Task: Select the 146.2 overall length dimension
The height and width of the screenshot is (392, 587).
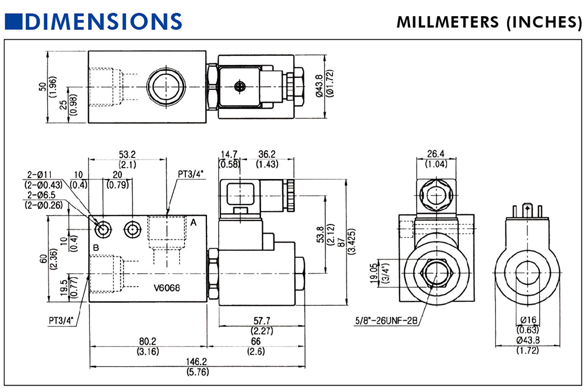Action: point(197,361)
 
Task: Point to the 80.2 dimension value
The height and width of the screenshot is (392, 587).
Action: point(147,341)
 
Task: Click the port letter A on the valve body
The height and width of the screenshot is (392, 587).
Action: point(193,223)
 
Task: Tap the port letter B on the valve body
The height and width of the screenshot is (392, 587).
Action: point(96,248)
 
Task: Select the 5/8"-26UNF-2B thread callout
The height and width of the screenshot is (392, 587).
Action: point(386,322)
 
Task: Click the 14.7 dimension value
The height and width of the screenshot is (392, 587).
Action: point(228,155)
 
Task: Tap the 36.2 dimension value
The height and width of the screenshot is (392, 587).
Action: point(268,155)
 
